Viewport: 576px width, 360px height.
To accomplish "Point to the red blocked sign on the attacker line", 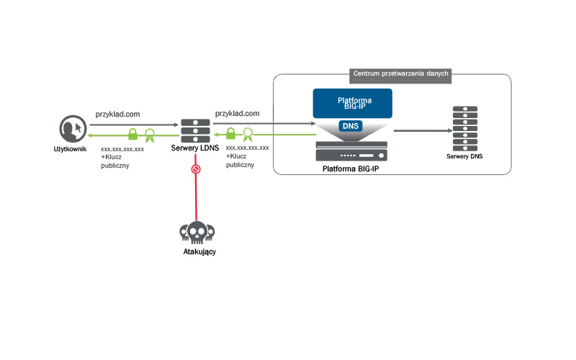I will [x=195, y=170].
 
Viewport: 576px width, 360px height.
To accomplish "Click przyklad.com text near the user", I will [x=117, y=114].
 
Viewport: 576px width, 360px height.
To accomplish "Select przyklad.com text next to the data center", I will [x=237, y=114].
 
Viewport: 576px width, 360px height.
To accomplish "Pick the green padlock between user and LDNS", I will [x=133, y=134].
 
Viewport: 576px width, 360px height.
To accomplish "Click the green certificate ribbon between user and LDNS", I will [x=150, y=134].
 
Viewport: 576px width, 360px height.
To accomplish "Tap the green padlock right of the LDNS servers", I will [x=231, y=134].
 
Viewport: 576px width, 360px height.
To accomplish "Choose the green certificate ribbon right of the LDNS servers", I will [x=248, y=134].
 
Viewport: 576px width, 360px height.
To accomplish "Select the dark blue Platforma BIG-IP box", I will [x=352, y=103].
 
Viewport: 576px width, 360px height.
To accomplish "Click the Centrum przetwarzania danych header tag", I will [x=401, y=73].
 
